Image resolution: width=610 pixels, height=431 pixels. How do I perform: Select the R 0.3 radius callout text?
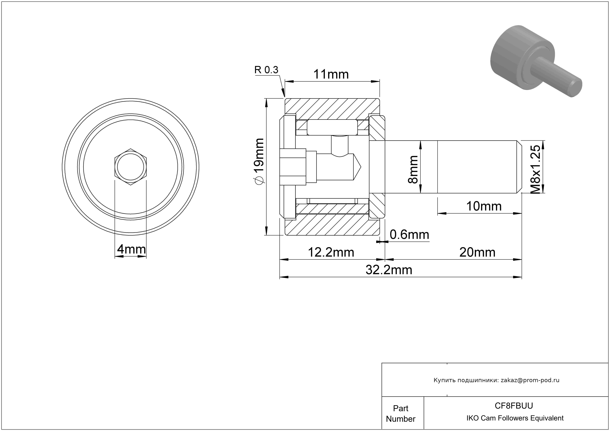point(266,70)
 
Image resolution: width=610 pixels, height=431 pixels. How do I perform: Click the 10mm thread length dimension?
point(484,206)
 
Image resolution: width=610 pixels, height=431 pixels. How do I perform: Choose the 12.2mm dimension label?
point(331,252)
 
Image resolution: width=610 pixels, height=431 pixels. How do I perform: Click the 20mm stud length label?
point(477,252)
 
